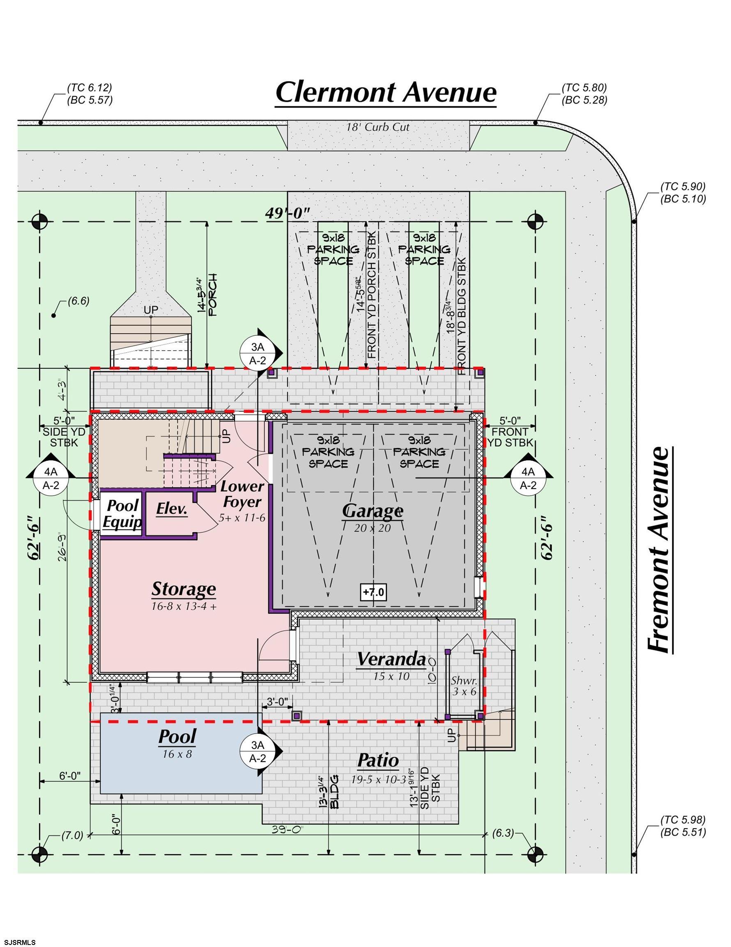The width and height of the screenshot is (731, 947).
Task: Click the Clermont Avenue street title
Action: click(386, 93)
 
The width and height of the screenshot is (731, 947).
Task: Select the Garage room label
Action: click(372, 511)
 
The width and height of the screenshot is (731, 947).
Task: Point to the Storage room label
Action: click(183, 589)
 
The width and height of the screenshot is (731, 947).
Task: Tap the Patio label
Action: click(378, 760)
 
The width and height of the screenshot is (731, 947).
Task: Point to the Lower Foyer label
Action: click(241, 494)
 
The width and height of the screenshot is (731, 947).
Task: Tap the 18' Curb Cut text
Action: click(377, 127)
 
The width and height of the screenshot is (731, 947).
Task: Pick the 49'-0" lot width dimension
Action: click(288, 213)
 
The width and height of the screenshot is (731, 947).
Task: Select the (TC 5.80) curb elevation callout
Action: click(584, 88)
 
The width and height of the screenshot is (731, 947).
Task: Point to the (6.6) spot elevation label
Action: click(78, 301)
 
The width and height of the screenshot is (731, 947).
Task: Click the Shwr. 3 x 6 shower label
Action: click(464, 686)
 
